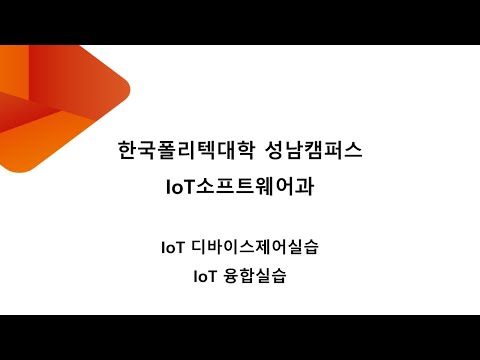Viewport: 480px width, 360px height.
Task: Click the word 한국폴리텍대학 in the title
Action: [x=185, y=153]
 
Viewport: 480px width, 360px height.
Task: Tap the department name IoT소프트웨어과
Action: [x=240, y=187]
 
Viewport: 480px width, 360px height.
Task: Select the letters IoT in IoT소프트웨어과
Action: [x=185, y=187]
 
